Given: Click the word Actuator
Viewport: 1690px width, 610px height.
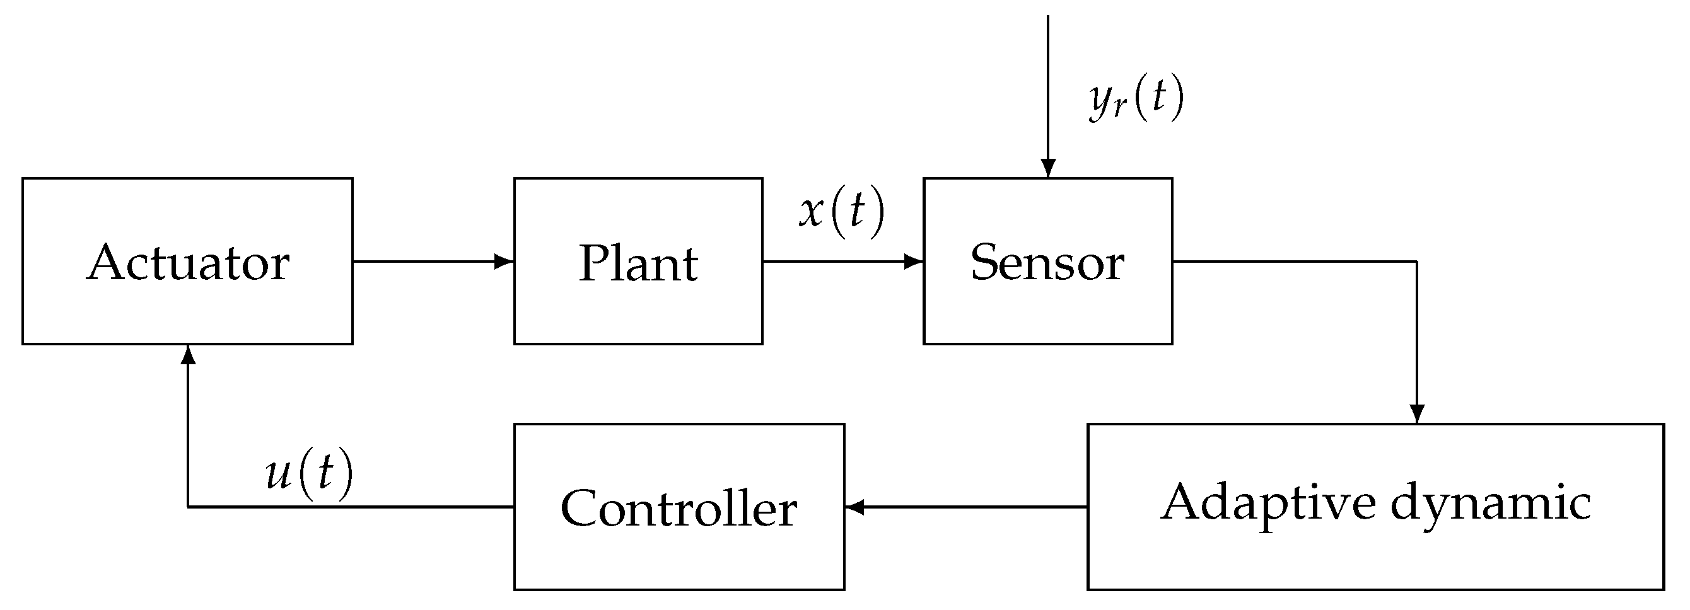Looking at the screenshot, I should point(188,262).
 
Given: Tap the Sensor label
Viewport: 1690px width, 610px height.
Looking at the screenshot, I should point(1047,262).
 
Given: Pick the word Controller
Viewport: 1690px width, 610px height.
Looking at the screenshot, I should point(679,509).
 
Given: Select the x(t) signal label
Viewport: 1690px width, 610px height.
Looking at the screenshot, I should point(842,211).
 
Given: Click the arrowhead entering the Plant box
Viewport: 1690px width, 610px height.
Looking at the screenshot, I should point(504,262).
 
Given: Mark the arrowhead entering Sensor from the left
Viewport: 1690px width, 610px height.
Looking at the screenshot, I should point(913,262).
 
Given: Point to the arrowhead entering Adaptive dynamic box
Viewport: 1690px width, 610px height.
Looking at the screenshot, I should point(1417,414).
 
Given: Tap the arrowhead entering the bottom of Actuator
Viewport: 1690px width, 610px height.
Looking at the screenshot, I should point(189,355).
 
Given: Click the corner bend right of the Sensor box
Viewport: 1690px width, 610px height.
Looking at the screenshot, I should point(1417,262).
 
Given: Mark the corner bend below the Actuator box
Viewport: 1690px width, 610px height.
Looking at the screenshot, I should point(189,507).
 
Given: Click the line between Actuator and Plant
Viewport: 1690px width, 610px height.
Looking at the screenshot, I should point(426,262).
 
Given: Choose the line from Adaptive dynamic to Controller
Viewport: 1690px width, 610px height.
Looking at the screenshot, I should point(971,507).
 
